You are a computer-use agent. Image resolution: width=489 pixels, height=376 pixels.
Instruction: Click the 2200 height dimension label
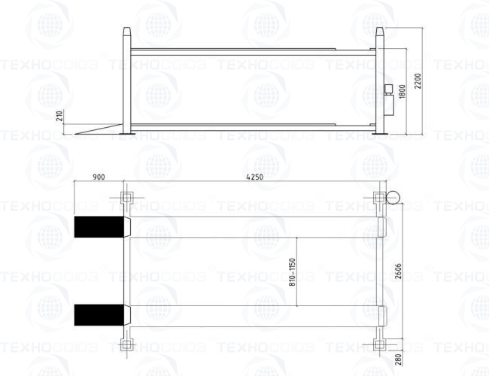[418, 81]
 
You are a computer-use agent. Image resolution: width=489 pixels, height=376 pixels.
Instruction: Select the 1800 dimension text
[402, 92]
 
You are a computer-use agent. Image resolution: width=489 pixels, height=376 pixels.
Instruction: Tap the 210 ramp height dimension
[60, 115]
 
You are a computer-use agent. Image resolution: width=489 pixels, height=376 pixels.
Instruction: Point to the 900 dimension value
[99, 177]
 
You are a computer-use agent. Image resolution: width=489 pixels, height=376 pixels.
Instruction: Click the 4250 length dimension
[255, 177]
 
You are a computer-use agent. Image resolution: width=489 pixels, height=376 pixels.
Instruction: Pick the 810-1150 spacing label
[292, 272]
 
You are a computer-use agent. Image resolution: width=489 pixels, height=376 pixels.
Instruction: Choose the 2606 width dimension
[398, 271]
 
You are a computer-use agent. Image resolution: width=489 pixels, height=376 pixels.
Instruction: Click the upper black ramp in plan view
[99, 227]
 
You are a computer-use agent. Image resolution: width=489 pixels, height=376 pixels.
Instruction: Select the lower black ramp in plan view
[99, 316]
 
